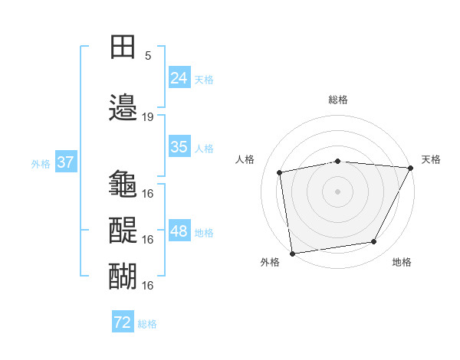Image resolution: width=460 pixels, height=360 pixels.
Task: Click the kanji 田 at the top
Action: [x=123, y=47]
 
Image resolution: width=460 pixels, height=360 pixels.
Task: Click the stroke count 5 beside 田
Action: [x=147, y=56]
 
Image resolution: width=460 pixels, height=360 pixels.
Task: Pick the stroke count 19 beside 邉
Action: [x=148, y=117]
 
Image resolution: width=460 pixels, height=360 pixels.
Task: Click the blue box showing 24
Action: [x=179, y=77]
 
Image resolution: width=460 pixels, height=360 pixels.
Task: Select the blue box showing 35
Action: [x=179, y=147]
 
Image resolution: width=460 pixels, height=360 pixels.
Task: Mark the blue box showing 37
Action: [x=65, y=162]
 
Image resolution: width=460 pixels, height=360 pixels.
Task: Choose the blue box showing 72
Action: [x=123, y=322]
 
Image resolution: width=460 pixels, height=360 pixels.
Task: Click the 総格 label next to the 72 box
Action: [x=147, y=324]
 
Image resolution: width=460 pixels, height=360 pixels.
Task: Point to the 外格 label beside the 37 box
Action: [x=41, y=163]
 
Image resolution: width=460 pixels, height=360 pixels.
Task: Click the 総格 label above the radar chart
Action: [x=338, y=100]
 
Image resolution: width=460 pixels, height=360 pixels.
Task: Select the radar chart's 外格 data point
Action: [x=292, y=253]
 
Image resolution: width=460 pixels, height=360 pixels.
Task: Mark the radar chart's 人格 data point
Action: [x=280, y=172]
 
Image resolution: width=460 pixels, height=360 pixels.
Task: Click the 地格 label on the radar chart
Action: [x=402, y=263]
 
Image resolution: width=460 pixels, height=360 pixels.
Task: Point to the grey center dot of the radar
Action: [x=338, y=191]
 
